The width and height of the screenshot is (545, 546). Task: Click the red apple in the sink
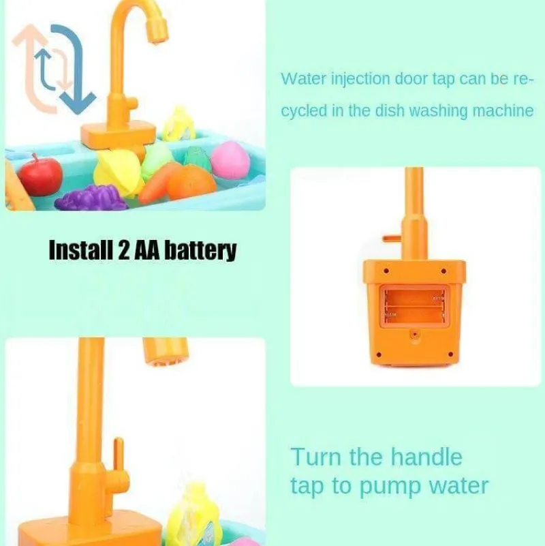40,175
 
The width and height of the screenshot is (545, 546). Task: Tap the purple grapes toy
91,198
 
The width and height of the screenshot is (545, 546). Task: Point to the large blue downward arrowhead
78,102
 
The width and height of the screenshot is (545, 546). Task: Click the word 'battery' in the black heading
200,250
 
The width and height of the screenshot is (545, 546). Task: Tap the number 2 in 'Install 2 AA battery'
123,250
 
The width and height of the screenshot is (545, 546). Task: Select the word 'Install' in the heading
81,249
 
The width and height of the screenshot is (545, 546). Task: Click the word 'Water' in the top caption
303,78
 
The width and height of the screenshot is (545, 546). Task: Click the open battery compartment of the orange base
414,306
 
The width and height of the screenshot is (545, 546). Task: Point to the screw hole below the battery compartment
414,334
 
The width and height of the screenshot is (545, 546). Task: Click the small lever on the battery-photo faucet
392,239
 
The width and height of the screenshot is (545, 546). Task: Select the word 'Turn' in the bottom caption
315,457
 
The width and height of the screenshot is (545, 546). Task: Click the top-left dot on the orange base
386,271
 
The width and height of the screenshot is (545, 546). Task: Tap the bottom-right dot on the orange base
451,354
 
